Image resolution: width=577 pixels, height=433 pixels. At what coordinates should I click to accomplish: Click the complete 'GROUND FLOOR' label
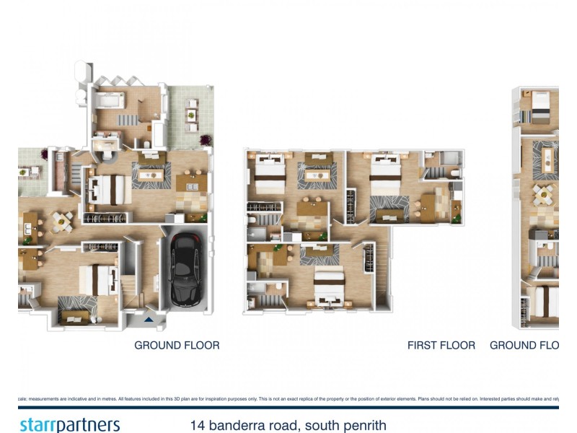coord(177,346)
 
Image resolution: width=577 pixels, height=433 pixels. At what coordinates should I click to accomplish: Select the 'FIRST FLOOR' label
coord(441,346)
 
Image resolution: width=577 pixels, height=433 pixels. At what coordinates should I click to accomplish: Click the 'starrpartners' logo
coord(69,424)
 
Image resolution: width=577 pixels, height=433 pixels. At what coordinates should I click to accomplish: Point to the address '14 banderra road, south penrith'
coord(288,425)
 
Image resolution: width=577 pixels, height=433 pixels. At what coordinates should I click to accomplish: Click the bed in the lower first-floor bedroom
coord(328,288)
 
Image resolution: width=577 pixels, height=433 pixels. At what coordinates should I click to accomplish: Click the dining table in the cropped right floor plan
coord(542,195)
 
